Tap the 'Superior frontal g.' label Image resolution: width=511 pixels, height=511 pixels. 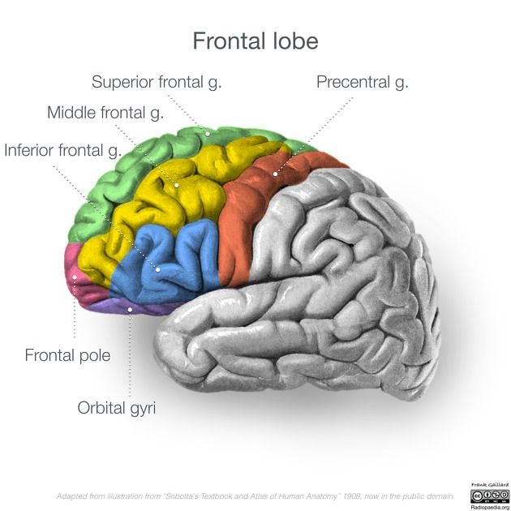point(157,82)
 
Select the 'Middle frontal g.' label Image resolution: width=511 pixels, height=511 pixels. point(105,113)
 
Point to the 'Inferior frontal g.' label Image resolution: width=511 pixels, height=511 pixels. point(63,150)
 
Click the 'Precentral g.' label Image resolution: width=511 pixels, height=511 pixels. point(362,82)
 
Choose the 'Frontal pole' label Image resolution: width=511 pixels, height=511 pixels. point(67,354)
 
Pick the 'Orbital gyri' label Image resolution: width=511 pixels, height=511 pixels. point(116,406)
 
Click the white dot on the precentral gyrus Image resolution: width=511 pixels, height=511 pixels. point(275,173)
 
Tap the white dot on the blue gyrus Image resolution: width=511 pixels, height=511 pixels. point(159,268)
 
